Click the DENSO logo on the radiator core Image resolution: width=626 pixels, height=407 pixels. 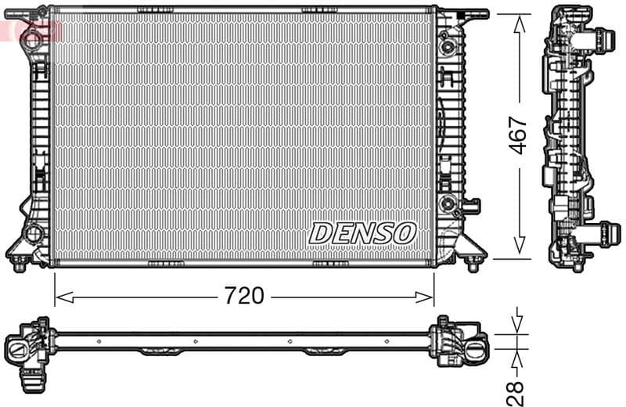pos(363,232)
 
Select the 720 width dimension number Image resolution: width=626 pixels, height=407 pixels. pos(244,296)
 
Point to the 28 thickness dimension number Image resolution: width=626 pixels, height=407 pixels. pos(515,389)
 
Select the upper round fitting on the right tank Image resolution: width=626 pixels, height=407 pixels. pos(448,46)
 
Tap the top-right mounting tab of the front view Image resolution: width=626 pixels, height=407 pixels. pos(473,13)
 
